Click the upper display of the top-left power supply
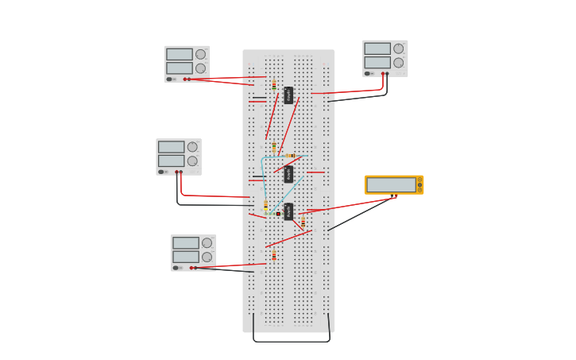tap(179, 54)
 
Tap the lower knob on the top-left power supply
tap(200, 68)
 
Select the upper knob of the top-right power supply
tap(398, 48)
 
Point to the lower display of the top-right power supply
tap(377, 62)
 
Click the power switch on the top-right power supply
tap(369, 74)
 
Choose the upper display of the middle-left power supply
tap(171, 147)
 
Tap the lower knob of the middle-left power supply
tap(192, 161)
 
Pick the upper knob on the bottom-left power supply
tap(207, 243)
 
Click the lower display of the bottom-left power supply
tap(185, 257)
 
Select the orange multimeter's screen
tap(391, 184)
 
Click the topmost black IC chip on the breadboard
tap(288, 95)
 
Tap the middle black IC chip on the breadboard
tap(288, 174)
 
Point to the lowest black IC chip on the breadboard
tap(288, 211)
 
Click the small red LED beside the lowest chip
tap(278, 213)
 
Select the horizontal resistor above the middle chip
tap(291, 156)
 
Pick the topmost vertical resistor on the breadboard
tap(274, 85)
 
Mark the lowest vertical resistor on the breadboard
tap(274, 256)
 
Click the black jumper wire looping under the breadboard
tap(291, 341)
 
